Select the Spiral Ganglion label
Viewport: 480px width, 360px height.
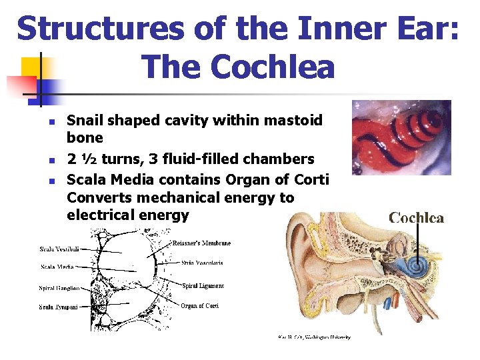(x=59, y=288)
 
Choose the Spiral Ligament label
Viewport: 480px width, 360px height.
(x=203, y=285)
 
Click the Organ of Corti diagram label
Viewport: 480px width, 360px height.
(x=200, y=306)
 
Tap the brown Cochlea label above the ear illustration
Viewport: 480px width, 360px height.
(x=416, y=218)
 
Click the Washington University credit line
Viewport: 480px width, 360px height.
(x=314, y=337)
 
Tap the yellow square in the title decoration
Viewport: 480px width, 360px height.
(x=31, y=67)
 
